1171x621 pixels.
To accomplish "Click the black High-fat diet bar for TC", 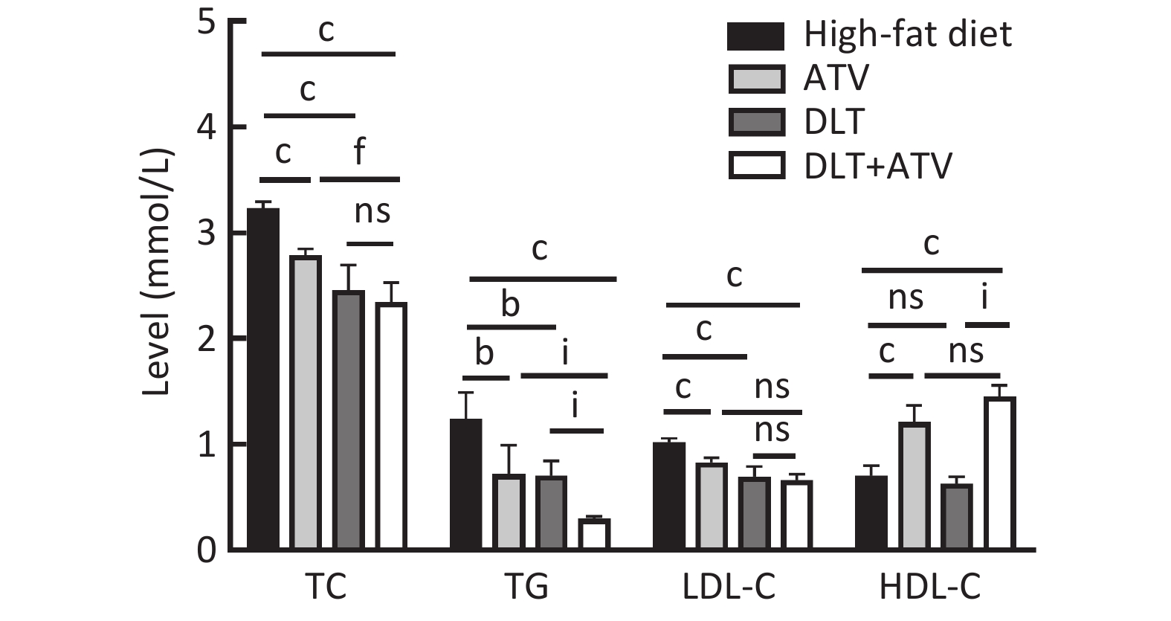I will tap(263, 379).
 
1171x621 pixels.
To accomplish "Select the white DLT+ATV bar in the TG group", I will tap(594, 534).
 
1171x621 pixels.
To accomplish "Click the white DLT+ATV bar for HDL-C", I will tap(999, 473).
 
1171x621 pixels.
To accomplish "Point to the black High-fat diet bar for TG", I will tap(466, 484).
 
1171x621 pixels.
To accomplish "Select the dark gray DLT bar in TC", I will tap(348, 419).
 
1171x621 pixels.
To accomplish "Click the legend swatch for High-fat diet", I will tap(755, 36).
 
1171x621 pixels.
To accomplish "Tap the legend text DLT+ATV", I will tap(877, 166).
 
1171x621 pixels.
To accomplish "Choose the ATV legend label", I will tap(836, 78).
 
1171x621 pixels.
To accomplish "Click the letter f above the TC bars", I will tap(359, 151).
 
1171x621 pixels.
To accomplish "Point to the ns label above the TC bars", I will tap(372, 212).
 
